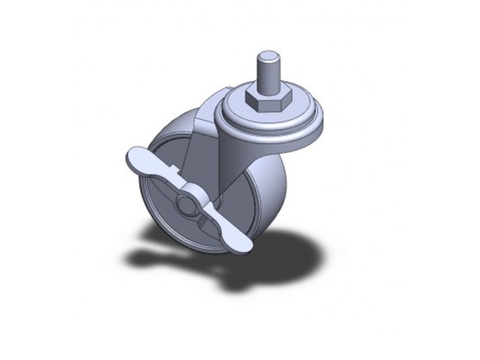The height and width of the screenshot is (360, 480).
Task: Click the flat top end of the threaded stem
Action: pyautogui.click(x=267, y=54)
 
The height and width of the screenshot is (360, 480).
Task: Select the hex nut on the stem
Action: pyautogui.click(x=267, y=100)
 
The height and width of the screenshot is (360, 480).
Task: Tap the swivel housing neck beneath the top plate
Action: pyautogui.click(x=240, y=146)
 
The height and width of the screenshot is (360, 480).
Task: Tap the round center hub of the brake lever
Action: pyautogui.click(x=186, y=203)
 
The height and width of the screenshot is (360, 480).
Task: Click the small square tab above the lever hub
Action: pyautogui.click(x=175, y=172)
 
